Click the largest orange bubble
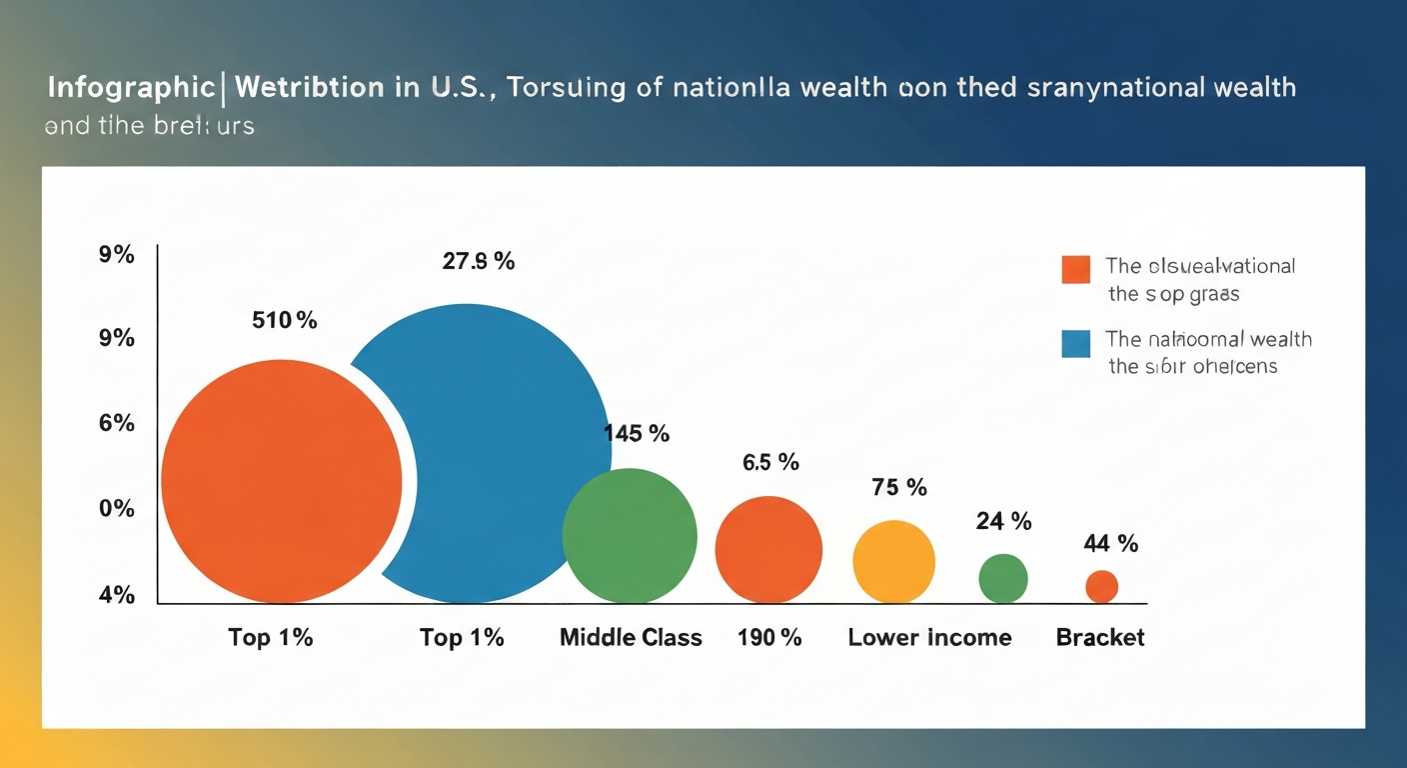click(282, 481)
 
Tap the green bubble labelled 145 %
click(630, 535)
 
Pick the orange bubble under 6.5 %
click(768, 549)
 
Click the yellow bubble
click(893, 561)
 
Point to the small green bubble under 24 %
click(1003, 578)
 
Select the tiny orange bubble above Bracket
click(1101, 586)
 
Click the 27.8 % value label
click(479, 262)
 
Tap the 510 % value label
click(284, 321)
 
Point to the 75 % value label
click(899, 488)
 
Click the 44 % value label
click(1110, 544)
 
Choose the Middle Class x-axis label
click(631, 638)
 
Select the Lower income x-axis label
click(929, 638)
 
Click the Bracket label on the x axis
click(1100, 638)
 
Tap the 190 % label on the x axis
click(769, 638)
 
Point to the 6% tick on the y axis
click(116, 423)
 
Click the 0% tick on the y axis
click(116, 509)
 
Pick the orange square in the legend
click(1075, 269)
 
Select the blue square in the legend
click(1075, 343)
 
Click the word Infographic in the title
click(129, 88)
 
